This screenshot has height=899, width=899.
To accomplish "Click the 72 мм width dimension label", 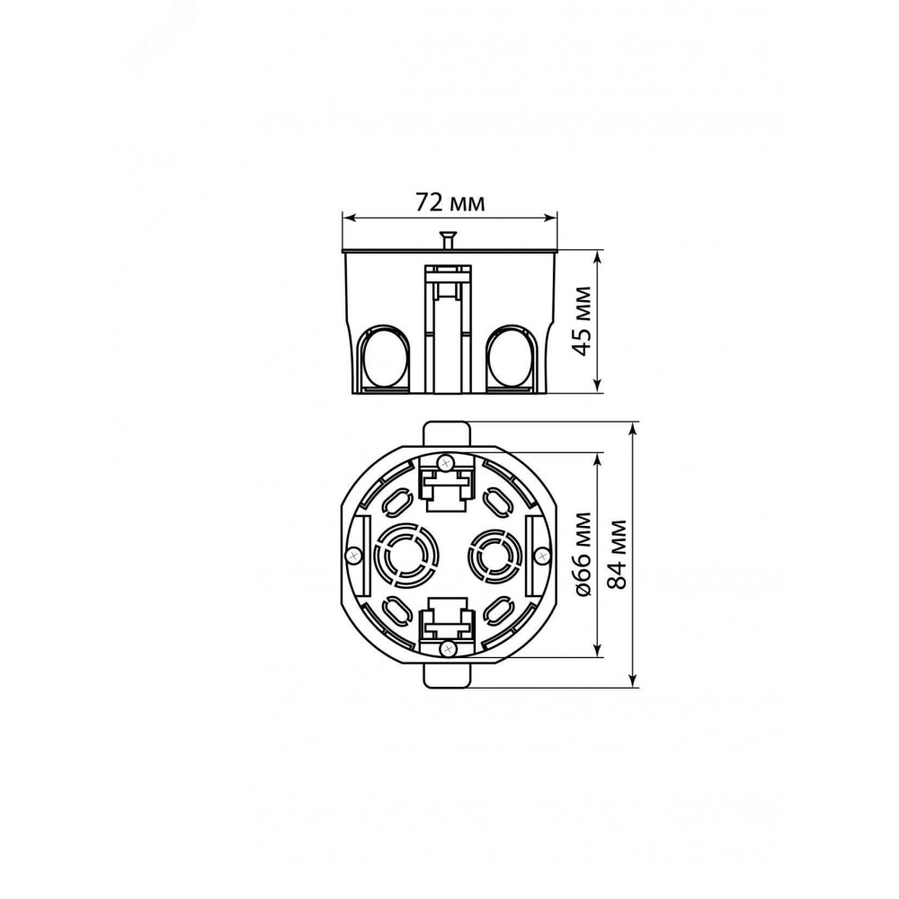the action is coord(449,202).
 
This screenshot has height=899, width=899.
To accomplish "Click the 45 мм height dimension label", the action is coord(583,321).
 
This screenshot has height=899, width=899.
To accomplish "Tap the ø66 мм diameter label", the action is coord(583,555).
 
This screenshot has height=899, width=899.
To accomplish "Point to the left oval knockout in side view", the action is coord(385,359).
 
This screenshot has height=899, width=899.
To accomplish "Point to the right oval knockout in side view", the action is coord(512,359).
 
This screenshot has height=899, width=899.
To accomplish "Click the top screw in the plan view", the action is coord(445,461).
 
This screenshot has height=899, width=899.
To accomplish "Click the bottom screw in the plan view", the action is coord(446,648).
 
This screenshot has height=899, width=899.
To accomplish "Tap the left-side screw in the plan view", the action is coord(354,555).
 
